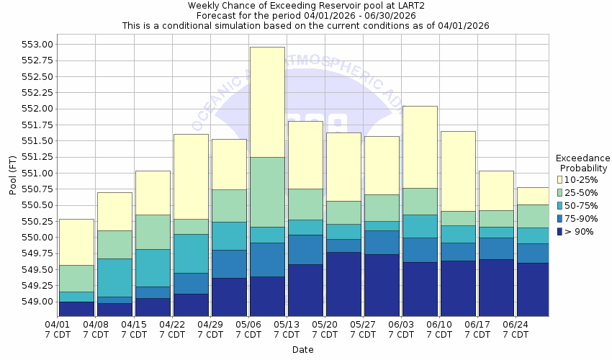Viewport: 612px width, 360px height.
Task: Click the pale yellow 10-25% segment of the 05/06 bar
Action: pos(266,102)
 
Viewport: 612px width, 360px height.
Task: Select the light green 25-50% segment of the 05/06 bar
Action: pos(266,192)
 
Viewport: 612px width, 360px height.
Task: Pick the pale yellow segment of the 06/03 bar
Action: pos(420,147)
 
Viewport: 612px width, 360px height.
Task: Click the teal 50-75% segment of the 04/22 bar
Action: pos(190,253)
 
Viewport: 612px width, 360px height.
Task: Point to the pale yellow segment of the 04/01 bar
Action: pos(76,242)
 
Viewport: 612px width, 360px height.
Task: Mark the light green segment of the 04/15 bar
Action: pos(152,232)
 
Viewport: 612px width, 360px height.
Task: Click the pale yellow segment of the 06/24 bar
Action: pos(533,196)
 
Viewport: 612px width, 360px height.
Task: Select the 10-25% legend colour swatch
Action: pos(559,179)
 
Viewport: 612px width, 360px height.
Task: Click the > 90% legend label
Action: pos(580,232)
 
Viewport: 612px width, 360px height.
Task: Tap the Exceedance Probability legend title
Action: pos(582,163)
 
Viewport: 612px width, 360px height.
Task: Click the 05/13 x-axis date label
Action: pos(286,330)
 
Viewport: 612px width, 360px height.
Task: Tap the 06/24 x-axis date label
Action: pos(516,330)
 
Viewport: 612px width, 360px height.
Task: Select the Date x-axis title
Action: pos(302,350)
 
